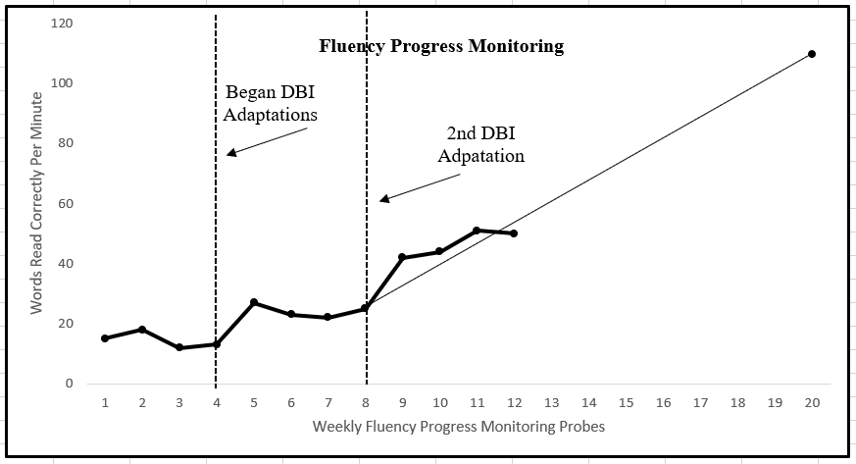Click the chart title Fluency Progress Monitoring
(441, 46)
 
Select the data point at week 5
(254, 302)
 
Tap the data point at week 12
(514, 233)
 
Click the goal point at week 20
(812, 54)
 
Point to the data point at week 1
(105, 338)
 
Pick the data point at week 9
(402, 257)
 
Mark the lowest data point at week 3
(179, 347)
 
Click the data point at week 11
(477, 231)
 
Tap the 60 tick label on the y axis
(64, 204)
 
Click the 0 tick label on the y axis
(68, 384)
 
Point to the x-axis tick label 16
(663, 402)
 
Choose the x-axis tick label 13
(551, 402)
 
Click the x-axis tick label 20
(812, 402)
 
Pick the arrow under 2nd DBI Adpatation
(420, 188)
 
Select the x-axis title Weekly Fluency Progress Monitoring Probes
(458, 427)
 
